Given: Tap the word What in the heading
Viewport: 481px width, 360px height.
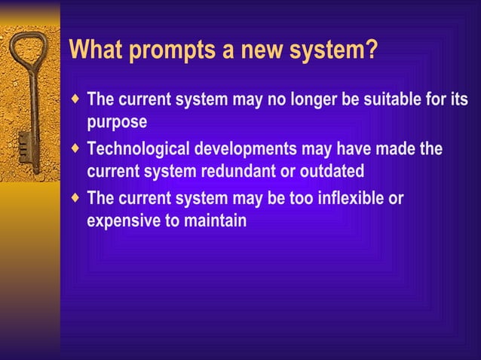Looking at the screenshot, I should pos(93,51).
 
